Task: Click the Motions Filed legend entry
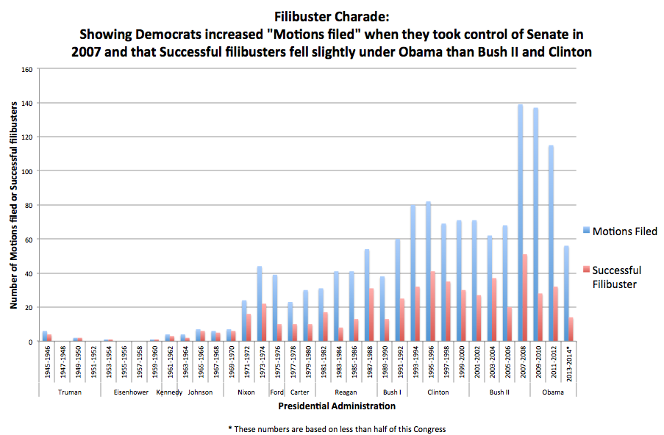tap(624, 231)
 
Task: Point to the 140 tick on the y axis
tap(28, 104)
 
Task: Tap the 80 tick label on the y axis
tap(29, 206)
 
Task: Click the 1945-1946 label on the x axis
tap(46, 363)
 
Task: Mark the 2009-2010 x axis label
tap(538, 363)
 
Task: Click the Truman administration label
tap(69, 392)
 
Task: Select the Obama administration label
tap(553, 392)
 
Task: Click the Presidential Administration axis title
tap(336, 406)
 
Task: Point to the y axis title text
tap(14, 206)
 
